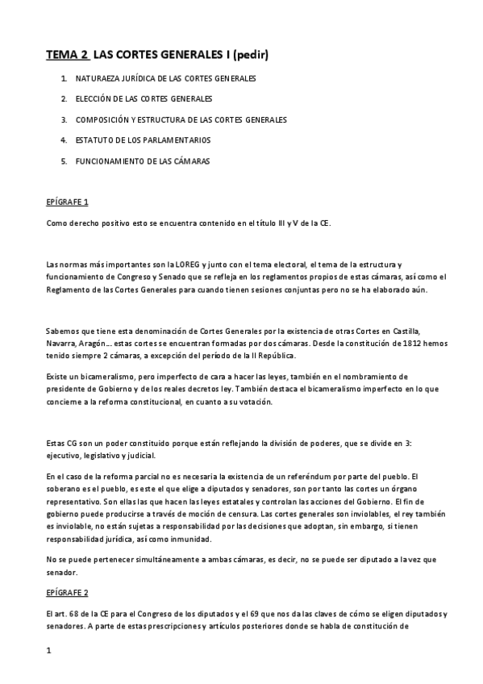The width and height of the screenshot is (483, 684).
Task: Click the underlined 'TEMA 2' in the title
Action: pyautogui.click(x=67, y=56)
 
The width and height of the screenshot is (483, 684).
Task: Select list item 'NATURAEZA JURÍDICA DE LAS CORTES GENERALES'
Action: pyautogui.click(x=165, y=79)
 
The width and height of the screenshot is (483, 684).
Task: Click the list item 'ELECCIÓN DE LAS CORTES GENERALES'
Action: pyautogui.click(x=144, y=99)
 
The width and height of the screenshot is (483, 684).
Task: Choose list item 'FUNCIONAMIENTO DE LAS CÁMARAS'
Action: pyautogui.click(x=142, y=161)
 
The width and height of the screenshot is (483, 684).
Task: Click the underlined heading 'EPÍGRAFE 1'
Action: pyautogui.click(x=68, y=201)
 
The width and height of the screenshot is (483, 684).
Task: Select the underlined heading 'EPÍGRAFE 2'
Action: pyautogui.click(x=68, y=593)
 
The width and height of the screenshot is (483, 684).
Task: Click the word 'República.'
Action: pyautogui.click(x=299, y=356)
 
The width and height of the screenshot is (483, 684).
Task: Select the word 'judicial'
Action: pyautogui.click(x=140, y=455)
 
